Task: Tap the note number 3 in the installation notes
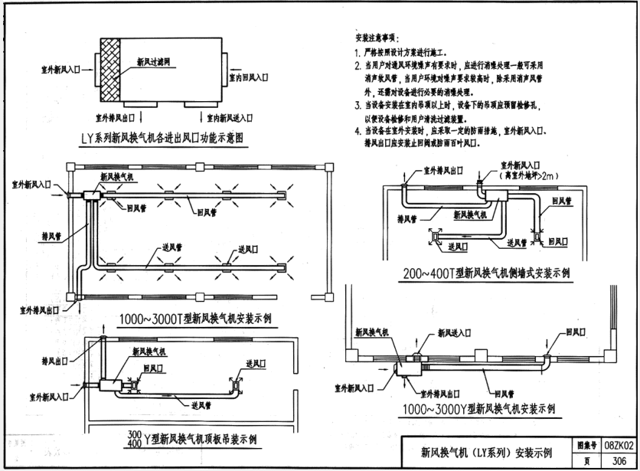(358, 104)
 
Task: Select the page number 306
(619, 461)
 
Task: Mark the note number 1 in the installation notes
(358, 53)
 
